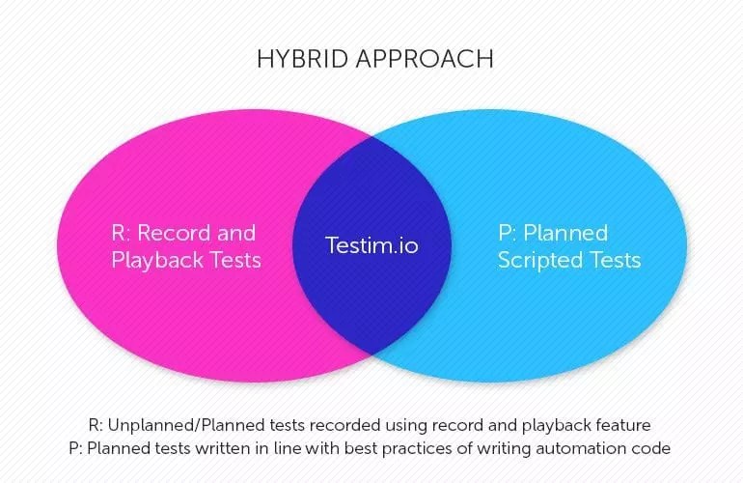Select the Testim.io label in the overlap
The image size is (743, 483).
(x=371, y=245)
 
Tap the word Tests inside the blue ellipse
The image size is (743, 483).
(x=614, y=260)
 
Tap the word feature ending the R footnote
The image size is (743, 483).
(x=627, y=426)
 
